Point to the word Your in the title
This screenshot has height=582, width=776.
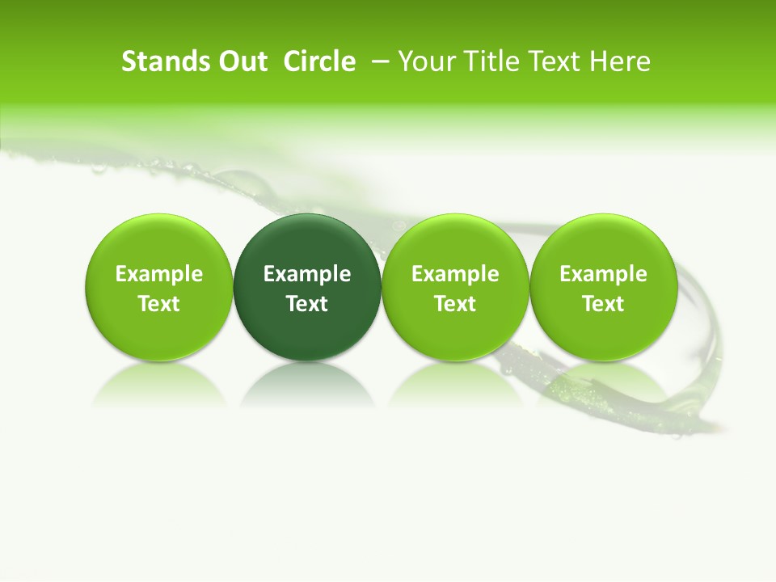428,61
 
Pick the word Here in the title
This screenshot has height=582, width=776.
620,61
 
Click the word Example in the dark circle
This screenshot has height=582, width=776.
307,274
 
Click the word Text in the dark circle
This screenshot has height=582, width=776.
307,304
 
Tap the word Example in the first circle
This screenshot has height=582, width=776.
158,274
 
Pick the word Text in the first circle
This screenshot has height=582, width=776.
158,304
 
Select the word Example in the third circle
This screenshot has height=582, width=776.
455,274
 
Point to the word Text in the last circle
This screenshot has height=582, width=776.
603,304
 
